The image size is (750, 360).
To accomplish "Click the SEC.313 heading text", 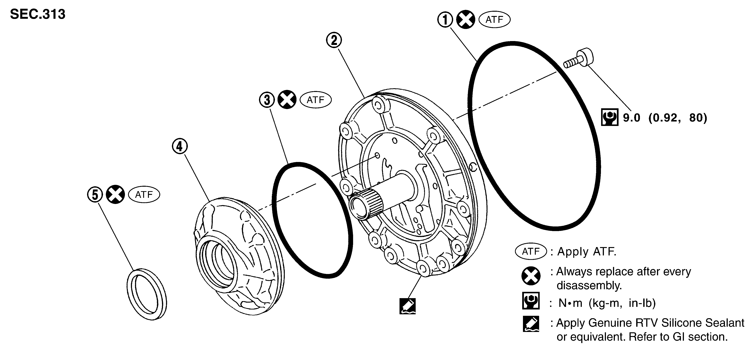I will tap(38, 14).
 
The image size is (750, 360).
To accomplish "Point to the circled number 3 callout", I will tap(267, 100).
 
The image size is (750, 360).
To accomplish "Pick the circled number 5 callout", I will tap(95, 194).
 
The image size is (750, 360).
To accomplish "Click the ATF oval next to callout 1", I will tap(494, 20).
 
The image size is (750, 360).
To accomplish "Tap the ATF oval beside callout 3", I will tap(316, 100).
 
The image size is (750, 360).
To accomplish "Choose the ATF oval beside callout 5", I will tap(144, 194).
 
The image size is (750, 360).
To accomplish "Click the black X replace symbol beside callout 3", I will tap(287, 100).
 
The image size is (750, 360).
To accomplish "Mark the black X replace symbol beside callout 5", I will tap(115, 194).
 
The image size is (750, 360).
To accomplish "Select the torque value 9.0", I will tap(632, 118).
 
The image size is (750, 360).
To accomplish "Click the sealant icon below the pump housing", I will tap(407, 306).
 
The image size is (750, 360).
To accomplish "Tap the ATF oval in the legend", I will tap(531, 251).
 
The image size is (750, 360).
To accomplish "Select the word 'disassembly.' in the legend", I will tap(589, 286).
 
